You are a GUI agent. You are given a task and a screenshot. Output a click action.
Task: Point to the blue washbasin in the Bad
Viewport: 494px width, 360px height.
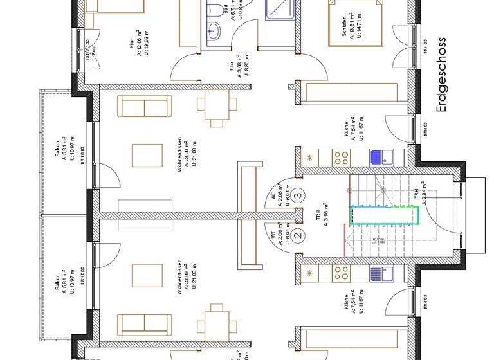(x=213, y=28)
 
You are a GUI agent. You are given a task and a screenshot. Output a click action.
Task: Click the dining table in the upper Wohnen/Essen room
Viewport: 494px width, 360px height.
(x=213, y=106)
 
